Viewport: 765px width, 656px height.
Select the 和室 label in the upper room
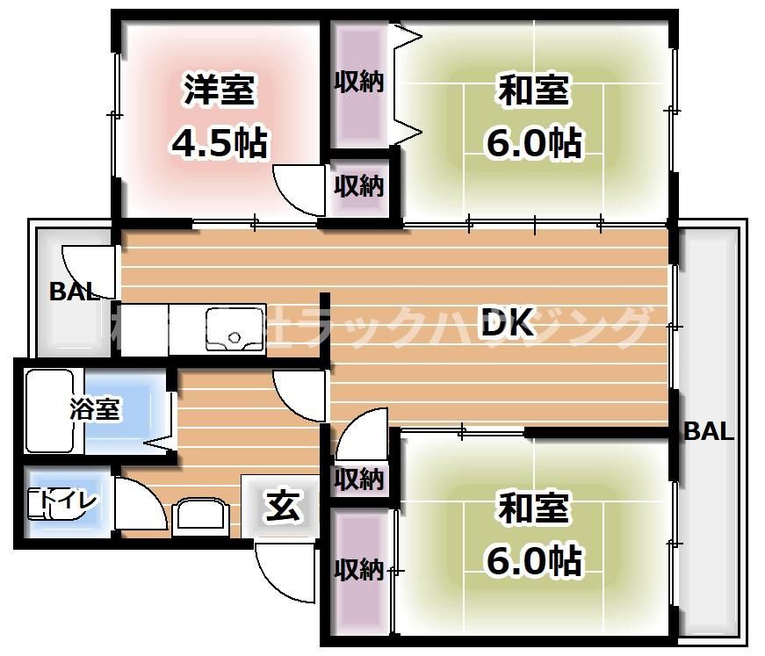click(534, 90)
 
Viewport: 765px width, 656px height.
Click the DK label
click(507, 325)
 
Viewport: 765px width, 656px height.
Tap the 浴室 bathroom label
click(96, 409)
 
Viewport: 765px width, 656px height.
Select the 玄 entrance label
click(284, 507)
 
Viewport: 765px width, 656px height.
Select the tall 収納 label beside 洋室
click(359, 83)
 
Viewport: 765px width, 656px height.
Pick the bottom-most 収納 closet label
click(359, 570)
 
